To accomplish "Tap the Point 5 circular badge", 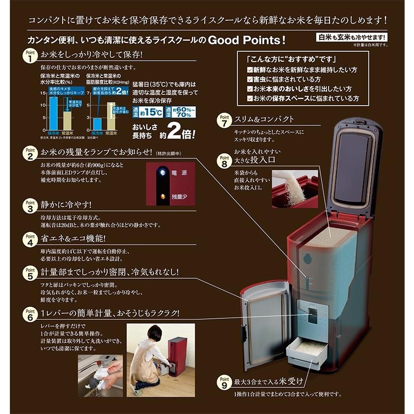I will point(30,272).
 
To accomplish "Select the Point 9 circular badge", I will point(224,382).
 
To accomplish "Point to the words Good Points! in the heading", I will point(246,40).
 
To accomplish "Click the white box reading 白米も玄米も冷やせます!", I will point(351,38).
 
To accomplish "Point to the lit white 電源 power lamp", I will point(161,172).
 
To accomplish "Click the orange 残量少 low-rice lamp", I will point(161,196).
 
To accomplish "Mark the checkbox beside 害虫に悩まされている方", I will point(250,79).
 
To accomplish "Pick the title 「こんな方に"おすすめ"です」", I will point(281,59).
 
